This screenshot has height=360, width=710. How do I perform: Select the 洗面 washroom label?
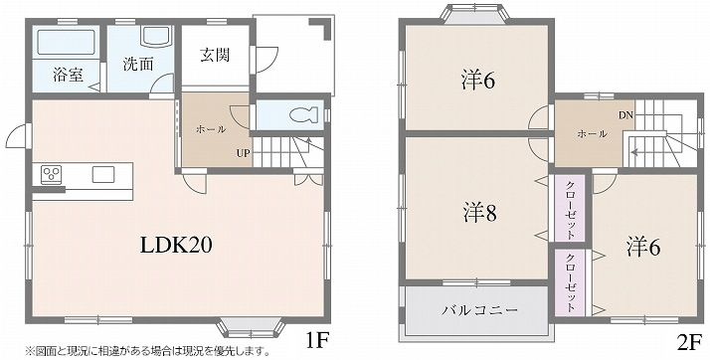click(138, 65)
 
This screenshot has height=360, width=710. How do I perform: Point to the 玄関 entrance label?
click(215, 55)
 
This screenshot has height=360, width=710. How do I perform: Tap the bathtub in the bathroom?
click(65, 42)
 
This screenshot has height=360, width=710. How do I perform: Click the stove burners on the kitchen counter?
click(52, 175)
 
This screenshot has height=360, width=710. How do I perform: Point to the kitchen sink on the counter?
click(103, 175)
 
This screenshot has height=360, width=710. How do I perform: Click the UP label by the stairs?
click(243, 152)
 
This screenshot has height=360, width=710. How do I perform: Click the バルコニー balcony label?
click(479, 310)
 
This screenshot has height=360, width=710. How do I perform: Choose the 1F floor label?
click(315, 341)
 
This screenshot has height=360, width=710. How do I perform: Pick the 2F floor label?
click(689, 341)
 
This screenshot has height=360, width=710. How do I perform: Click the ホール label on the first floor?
click(210, 129)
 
